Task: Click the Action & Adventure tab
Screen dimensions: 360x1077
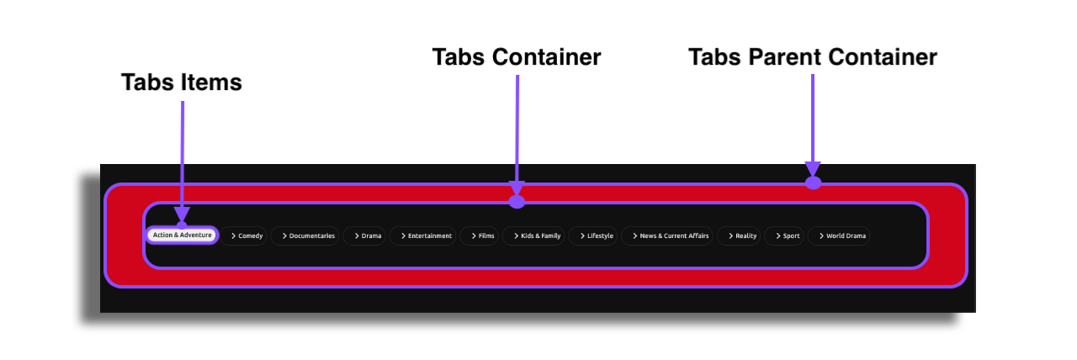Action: click(x=182, y=236)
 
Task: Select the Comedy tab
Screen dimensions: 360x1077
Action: click(x=247, y=236)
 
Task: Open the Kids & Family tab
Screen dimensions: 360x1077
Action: click(x=536, y=236)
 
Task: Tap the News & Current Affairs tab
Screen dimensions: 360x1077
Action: click(x=669, y=236)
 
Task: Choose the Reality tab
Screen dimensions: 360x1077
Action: click(x=741, y=236)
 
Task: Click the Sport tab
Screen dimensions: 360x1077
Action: click(x=786, y=236)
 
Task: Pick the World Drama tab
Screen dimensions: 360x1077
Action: click(x=840, y=236)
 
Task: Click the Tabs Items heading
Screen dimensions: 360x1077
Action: click(x=182, y=82)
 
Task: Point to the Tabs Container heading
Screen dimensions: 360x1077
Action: click(x=517, y=57)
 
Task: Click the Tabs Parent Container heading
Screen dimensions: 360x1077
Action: click(x=813, y=57)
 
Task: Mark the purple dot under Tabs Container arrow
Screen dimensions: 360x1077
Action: click(x=517, y=202)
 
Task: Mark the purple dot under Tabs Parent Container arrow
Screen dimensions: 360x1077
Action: click(x=813, y=183)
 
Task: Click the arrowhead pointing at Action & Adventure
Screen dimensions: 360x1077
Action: click(x=182, y=215)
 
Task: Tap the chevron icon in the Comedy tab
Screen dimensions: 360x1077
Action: click(x=233, y=236)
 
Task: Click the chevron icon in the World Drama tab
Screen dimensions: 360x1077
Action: click(x=820, y=236)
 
